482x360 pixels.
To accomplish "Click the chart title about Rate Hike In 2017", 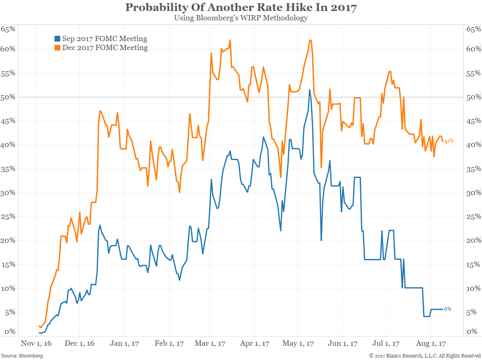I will click(x=241, y=7).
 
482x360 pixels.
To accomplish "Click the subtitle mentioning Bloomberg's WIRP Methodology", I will click(x=241, y=18).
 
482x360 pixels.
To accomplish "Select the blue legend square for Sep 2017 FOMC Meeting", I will click(x=57, y=39).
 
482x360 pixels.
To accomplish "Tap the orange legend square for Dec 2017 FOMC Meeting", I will click(x=57, y=48).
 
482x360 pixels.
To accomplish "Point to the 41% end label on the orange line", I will click(x=449, y=141).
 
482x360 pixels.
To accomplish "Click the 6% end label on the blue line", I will click(x=447, y=309).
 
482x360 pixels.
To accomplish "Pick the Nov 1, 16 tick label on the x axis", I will click(x=36, y=344).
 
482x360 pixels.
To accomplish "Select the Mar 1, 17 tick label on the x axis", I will click(x=210, y=344).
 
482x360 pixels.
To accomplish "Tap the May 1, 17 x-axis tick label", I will click(x=298, y=344).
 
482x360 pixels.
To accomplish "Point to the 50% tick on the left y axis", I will click(x=8, y=97).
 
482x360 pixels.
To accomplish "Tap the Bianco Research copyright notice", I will click(x=425, y=356).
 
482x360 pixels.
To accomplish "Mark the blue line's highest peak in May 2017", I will click(x=310, y=90).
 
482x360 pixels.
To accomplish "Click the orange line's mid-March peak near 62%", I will click(x=230, y=40).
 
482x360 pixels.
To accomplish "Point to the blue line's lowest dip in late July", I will click(x=427, y=316).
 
